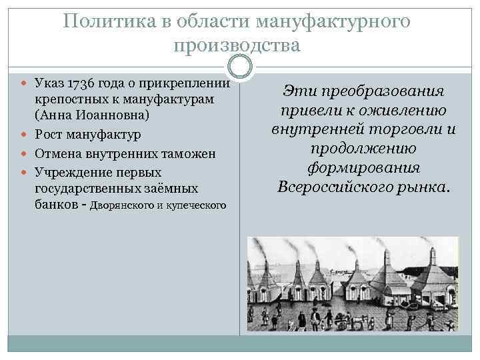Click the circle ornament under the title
239,66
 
